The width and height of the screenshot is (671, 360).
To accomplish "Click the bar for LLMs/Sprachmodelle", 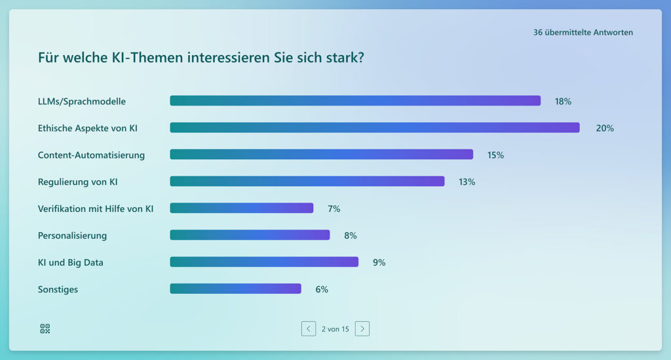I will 355,101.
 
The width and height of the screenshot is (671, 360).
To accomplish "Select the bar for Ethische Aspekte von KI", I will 375,128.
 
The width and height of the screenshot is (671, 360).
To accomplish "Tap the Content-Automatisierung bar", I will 321,155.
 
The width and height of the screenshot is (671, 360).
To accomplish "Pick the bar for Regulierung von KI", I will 307,182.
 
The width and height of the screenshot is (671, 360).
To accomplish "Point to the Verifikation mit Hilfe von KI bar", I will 242,209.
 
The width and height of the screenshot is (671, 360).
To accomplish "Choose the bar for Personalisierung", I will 250,235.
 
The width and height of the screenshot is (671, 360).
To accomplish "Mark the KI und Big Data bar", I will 264,262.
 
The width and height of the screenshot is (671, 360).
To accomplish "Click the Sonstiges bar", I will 235,289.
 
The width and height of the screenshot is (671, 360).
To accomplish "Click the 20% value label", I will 605,128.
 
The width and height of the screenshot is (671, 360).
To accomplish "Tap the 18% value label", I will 563,101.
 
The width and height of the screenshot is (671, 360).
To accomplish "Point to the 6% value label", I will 322,289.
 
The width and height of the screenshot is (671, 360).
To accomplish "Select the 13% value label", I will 467,182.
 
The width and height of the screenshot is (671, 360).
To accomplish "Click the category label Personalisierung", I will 72,235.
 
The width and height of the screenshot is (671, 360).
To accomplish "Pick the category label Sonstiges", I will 58,289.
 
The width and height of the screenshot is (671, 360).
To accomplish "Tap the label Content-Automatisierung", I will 91,155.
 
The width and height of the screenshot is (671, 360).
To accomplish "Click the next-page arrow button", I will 362,329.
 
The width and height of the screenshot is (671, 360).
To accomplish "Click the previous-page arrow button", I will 309,329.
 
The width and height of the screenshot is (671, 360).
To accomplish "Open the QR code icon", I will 45,329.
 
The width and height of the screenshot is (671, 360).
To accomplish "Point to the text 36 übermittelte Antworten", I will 583,32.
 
